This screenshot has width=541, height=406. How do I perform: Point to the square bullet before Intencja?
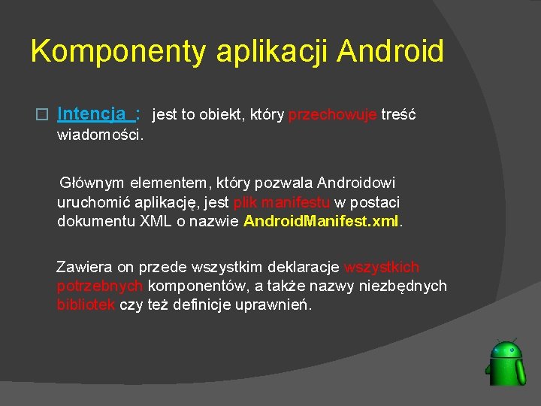tap(43, 115)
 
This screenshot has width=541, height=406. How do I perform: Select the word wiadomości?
tap(101, 135)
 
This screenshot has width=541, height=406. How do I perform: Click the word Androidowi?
tap(356, 183)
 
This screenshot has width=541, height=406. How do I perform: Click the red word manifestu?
tap(295, 202)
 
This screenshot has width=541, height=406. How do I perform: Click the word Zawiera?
tap(83, 267)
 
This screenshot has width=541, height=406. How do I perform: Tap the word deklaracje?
tap(304, 267)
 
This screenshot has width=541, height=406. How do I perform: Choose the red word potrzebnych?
tap(101, 286)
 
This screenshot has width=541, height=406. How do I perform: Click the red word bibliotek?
tap(86, 305)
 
